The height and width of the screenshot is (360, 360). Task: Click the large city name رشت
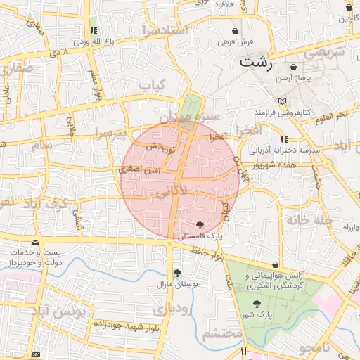pos(256,62)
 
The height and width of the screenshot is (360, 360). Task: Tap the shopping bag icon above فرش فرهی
pos(235,32)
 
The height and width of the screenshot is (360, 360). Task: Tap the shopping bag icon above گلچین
pos(349,8)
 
